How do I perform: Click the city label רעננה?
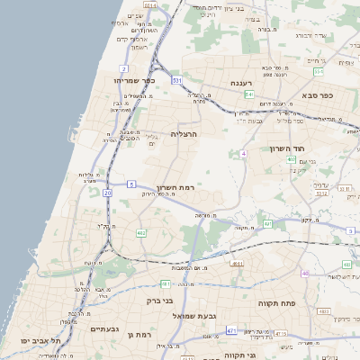pos(240,83)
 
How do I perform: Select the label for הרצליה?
pos(184,133)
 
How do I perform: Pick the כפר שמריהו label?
pos(135,80)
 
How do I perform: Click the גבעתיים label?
pos(105,329)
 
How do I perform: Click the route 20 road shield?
pos(108,193)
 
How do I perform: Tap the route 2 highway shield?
pos(122,68)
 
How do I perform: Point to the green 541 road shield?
pos(249,94)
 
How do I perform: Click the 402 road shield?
pos(292,159)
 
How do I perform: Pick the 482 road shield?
pos(141,233)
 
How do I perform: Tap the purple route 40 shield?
pos(306,273)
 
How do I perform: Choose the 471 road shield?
pos(232,331)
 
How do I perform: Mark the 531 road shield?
pos(177,82)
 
